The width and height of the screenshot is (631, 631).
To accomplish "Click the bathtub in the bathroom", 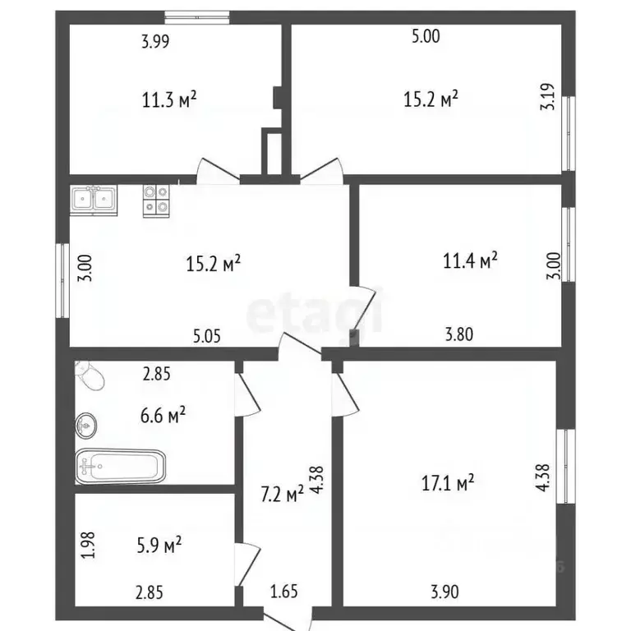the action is click(121, 467).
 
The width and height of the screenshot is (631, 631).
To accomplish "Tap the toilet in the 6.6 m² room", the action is click(91, 375).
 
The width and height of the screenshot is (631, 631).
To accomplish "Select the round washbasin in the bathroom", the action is click(85, 426).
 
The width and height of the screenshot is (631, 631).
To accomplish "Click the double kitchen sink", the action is click(94, 200).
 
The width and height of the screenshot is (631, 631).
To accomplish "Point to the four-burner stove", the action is click(156, 200).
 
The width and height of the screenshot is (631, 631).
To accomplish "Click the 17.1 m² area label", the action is click(448, 482).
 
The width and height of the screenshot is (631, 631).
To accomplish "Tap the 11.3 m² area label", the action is click(169, 99).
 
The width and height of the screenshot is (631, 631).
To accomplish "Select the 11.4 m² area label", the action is click(470, 260).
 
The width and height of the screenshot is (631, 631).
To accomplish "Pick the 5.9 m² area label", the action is click(159, 545).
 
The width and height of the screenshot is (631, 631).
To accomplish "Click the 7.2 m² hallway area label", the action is click(282, 494).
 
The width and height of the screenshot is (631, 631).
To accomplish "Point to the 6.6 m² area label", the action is click(163, 415).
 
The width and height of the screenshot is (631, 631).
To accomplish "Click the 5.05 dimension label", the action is click(207, 336).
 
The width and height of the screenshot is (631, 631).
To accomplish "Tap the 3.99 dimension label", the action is click(155, 41).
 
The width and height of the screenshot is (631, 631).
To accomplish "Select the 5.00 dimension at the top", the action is click(426, 36).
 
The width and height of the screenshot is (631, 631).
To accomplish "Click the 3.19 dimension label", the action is click(548, 97).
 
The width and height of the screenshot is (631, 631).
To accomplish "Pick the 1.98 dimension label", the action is click(88, 546).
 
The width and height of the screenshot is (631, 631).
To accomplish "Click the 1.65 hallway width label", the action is click(284, 592).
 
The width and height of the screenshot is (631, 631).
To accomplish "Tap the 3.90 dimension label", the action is click(444, 592).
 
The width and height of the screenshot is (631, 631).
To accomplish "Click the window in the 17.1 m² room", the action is click(566, 466).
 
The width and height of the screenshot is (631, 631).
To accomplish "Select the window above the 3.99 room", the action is click(197, 17).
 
